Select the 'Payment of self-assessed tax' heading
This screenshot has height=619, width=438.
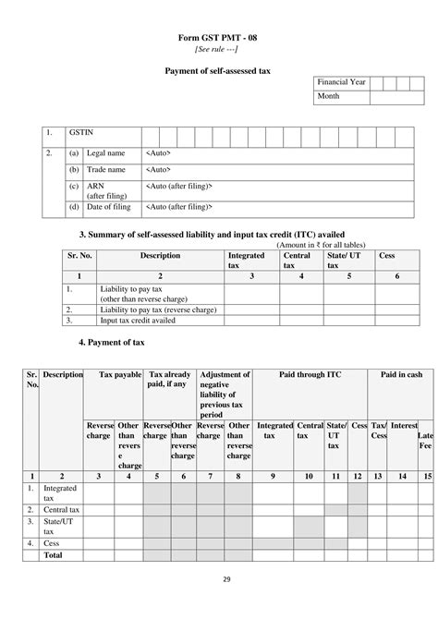(x=219, y=70)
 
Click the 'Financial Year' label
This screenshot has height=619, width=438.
(x=342, y=82)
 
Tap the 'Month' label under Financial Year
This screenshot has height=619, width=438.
(x=329, y=96)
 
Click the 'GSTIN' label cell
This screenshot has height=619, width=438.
(x=80, y=134)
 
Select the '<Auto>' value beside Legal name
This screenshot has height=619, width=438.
(x=158, y=152)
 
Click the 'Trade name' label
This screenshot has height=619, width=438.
(x=106, y=170)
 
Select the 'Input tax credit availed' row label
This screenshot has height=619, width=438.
(x=139, y=321)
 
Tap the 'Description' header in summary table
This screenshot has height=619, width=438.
(x=160, y=255)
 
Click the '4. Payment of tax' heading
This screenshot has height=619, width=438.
(x=111, y=343)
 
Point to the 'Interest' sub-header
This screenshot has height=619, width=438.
(x=404, y=425)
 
